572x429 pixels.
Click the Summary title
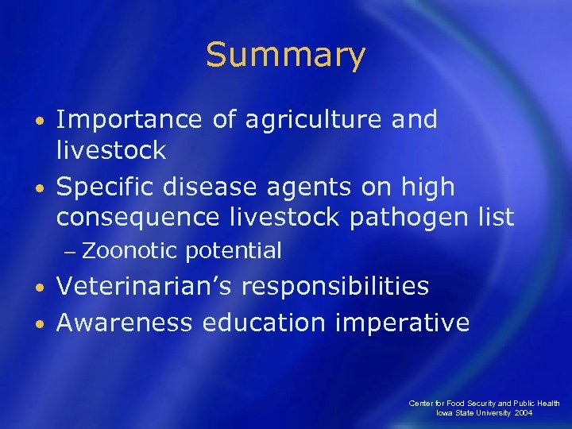click(285, 55)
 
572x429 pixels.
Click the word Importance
click(129, 120)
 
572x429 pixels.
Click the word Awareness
click(124, 323)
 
